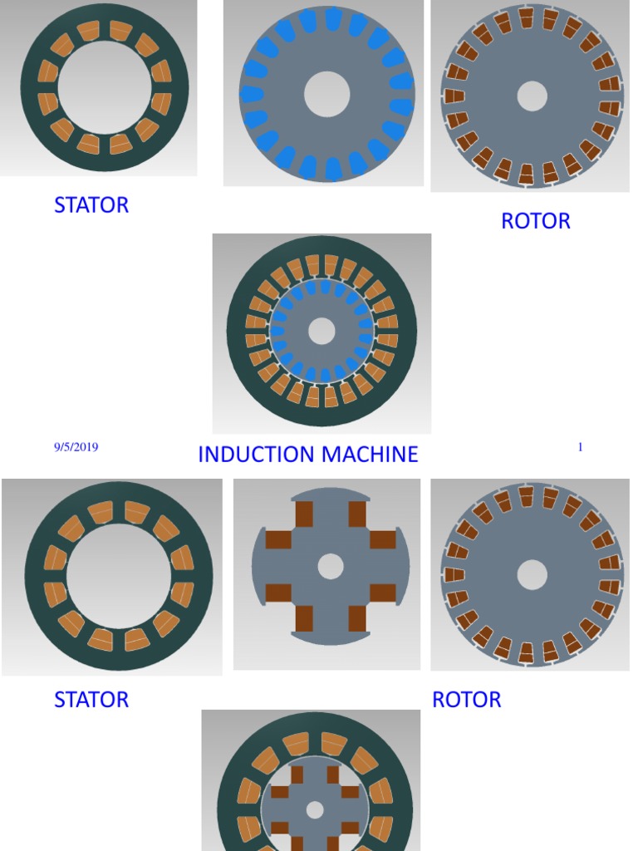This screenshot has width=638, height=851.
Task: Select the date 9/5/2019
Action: [76, 447]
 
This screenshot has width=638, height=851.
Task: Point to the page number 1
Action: [580, 446]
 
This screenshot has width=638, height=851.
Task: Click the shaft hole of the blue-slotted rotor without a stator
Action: [326, 94]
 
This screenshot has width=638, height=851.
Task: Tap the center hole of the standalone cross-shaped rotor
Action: [331, 567]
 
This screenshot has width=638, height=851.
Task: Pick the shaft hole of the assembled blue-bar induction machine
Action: [321, 331]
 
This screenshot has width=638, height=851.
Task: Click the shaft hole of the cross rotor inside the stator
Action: [315, 810]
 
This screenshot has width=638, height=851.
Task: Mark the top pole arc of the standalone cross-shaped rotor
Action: [331, 493]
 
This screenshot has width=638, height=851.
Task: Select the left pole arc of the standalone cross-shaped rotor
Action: [258, 567]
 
